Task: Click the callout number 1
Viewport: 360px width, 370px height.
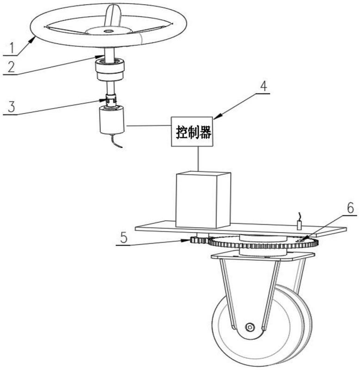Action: pos(10,48)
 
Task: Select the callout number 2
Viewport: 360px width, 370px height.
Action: pos(11,67)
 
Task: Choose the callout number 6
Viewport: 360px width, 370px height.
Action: pos(350,208)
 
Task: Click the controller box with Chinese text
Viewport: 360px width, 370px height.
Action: pos(192,132)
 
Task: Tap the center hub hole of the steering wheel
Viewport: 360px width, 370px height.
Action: pos(109,31)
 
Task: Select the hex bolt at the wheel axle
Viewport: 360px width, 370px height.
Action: pos(250,327)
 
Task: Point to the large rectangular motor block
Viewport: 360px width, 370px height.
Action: pos(203,200)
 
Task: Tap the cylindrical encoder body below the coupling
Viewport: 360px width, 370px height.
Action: pos(112,120)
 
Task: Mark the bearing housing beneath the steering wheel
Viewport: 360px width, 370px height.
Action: pos(110,69)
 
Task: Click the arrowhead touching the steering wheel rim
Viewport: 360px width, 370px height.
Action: pos(32,41)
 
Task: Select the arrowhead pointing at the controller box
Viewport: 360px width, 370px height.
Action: pos(217,116)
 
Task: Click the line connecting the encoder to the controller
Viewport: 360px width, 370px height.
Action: pos(149,125)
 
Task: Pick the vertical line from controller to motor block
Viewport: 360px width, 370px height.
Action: pos(198,158)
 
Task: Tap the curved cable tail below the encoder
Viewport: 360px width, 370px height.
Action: pos(117,141)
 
